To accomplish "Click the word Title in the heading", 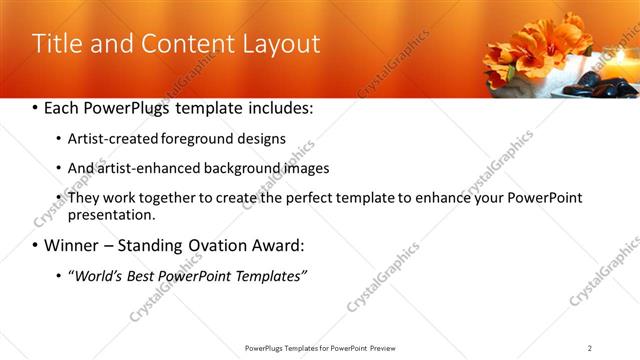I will click(58, 44).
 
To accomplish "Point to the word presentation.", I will click(112, 215).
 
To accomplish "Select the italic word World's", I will click(96, 276).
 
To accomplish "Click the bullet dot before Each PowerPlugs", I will click(37, 108).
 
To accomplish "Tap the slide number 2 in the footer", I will click(589, 348).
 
